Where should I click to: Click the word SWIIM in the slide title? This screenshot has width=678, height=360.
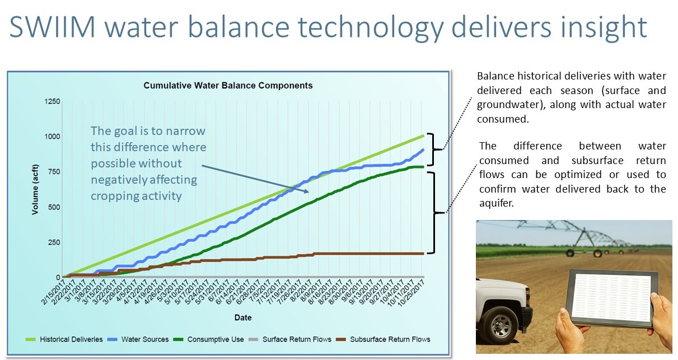(53, 27)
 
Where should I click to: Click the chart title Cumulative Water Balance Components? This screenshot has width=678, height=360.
(228, 86)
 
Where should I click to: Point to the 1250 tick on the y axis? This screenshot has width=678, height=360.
(53, 101)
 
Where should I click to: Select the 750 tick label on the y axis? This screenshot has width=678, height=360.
(54, 172)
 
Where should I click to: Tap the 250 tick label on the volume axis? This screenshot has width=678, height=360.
(54, 242)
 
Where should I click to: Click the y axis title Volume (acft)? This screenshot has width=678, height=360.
(35, 190)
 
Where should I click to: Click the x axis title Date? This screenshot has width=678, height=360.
(243, 317)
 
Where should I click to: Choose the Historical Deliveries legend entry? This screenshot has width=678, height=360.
(64, 339)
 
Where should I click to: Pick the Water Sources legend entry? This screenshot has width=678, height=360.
(139, 339)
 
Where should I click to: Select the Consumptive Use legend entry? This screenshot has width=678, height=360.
(209, 339)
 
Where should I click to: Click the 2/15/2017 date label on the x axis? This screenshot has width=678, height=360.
(54, 292)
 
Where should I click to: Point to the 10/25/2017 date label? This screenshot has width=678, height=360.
(411, 293)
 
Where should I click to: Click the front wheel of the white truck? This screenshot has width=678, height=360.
(500, 326)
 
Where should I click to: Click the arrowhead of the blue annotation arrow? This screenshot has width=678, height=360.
(306, 191)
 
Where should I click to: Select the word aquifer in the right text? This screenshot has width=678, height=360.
(497, 203)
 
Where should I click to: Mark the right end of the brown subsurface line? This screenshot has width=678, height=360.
(424, 254)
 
